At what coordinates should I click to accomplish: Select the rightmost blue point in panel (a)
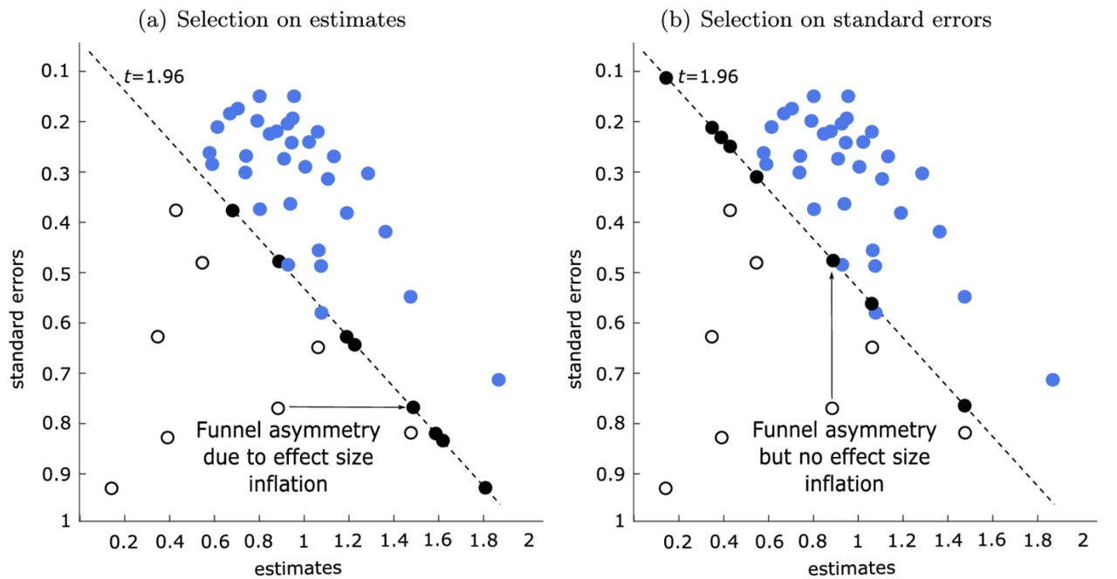[x=498, y=379]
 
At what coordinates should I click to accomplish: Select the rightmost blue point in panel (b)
[x=1052, y=379]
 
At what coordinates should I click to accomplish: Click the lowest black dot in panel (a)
[x=485, y=487]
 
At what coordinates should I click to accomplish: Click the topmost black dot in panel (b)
[x=667, y=78]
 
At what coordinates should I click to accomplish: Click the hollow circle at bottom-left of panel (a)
[x=111, y=488]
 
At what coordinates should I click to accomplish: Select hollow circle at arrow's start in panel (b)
[x=832, y=408]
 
